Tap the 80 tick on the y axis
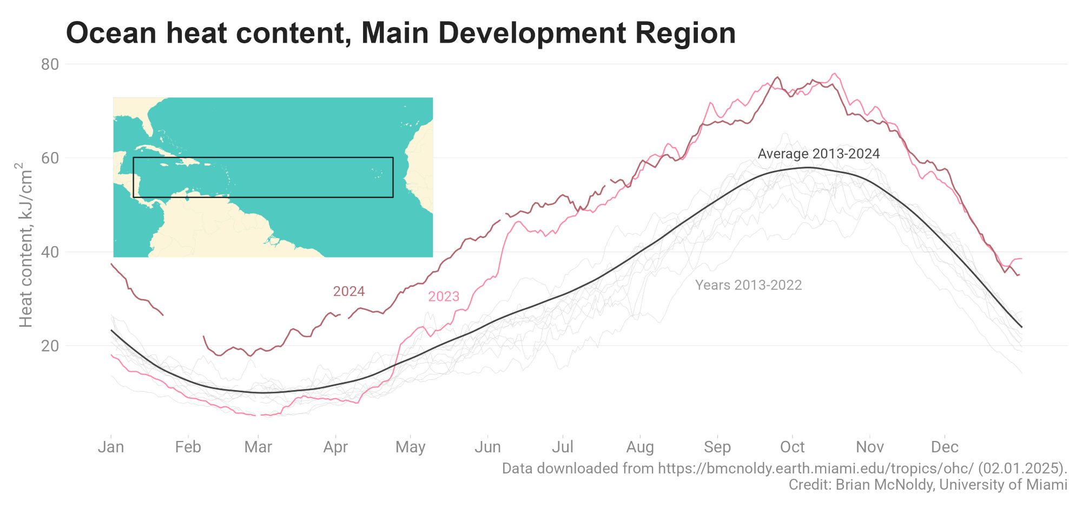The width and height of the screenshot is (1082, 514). coord(50,64)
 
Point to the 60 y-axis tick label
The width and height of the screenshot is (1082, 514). coord(50,158)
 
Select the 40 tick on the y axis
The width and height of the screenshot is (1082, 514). coord(50,252)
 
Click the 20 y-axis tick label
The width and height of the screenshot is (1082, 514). coord(50,346)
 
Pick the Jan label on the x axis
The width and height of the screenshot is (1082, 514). coord(111,447)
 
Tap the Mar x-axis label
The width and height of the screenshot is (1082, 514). coord(258,447)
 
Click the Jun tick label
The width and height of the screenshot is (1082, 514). coord(487,447)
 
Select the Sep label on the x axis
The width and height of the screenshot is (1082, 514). coord(717,447)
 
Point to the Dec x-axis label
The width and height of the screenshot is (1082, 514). coord(945,447)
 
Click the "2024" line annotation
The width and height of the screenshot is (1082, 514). coord(349,292)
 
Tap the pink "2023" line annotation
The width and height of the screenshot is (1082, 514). coord(444,296)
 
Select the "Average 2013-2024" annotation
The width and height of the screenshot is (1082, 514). coord(819,154)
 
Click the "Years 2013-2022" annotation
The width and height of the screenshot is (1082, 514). coord(748,285)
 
